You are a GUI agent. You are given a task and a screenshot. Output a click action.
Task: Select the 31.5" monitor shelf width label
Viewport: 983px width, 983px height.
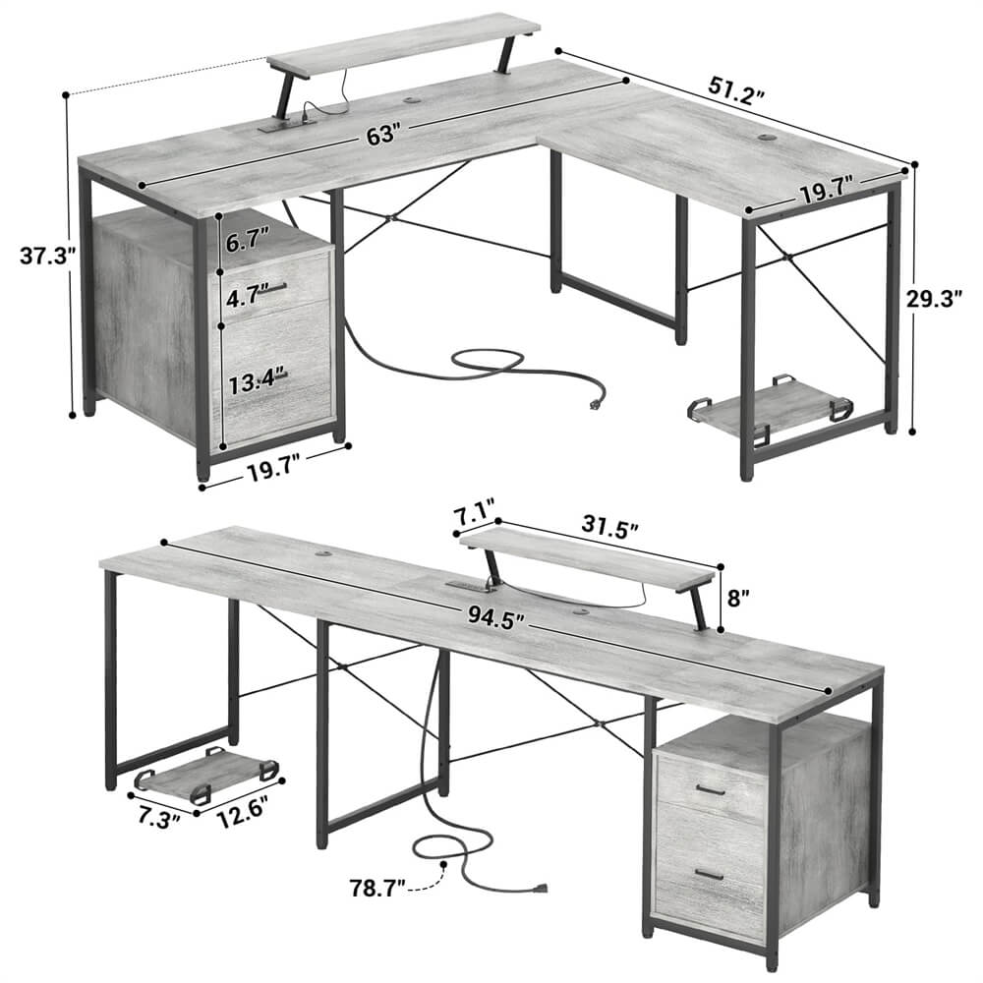(609, 528)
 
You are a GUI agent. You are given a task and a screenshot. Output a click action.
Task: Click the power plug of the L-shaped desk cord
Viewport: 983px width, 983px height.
(594, 402)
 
